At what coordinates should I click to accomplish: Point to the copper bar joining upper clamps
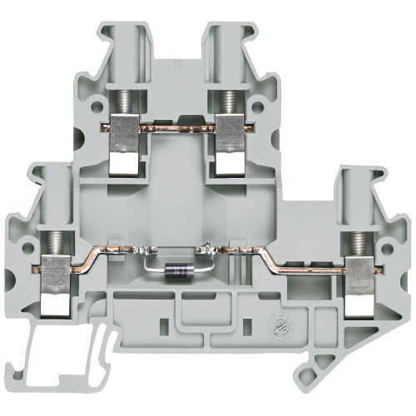pyautogui.click(x=176, y=127)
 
